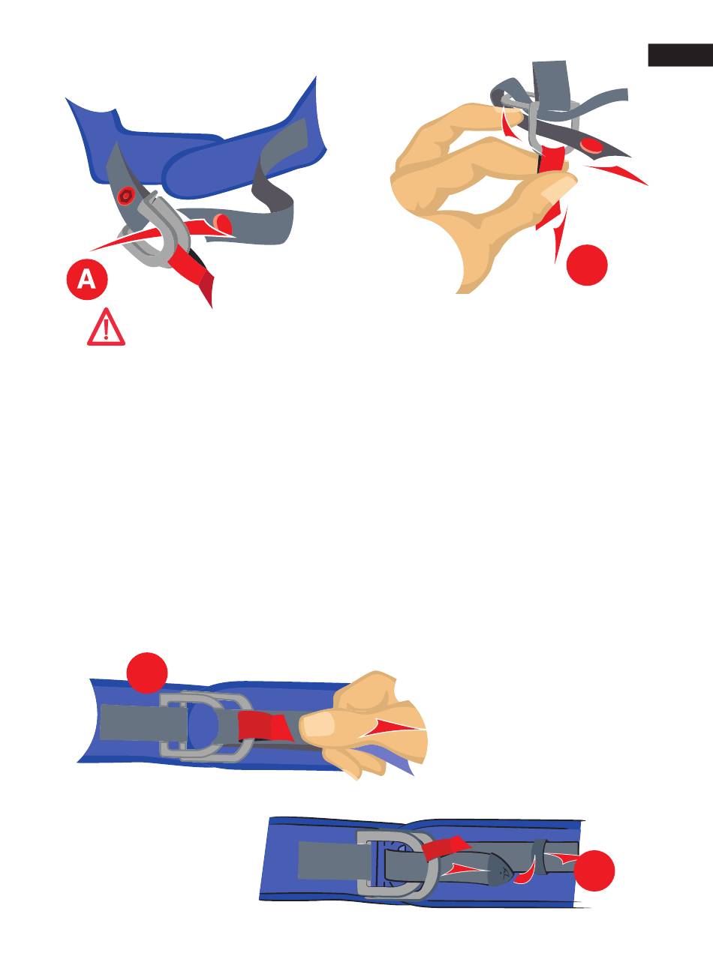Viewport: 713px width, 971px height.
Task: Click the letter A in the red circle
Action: click(86, 280)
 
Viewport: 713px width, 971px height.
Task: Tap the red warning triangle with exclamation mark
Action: click(106, 327)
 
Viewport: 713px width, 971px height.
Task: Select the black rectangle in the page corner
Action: click(681, 55)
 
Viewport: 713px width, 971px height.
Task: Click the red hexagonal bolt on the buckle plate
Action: click(127, 196)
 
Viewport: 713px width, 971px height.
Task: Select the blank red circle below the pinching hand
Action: click(587, 265)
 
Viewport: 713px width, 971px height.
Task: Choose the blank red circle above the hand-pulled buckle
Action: click(146, 673)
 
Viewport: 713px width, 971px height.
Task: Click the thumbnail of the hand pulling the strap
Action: click(319, 726)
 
